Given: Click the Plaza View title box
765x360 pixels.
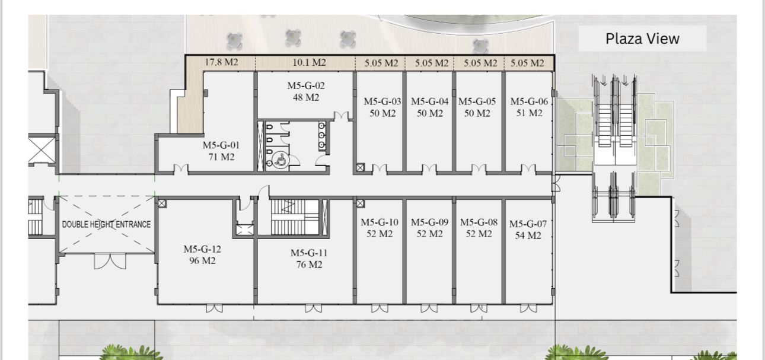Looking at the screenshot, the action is (642, 39).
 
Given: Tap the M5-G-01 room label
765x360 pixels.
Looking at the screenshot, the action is (221, 145).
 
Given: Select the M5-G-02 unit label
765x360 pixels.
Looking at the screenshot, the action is (306, 85).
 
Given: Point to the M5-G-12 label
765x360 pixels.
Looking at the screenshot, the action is (202, 249).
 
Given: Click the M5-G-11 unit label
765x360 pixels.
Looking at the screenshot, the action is (309, 253).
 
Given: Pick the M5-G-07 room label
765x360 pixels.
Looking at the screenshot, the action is (528, 224).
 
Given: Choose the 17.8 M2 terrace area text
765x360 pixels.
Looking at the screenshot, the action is (221, 62).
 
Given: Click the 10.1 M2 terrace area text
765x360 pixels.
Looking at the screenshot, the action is (310, 62).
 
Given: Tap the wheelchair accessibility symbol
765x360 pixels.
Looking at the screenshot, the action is (281, 160).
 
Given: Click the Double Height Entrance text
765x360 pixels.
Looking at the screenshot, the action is (106, 224).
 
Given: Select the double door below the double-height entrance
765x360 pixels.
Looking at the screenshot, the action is (110, 262).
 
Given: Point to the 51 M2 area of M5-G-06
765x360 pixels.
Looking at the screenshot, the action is (530, 113).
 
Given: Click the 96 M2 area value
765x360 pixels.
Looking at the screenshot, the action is (202, 260).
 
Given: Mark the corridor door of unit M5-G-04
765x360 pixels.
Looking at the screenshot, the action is (429, 169).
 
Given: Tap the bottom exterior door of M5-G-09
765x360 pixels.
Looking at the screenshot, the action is (429, 308).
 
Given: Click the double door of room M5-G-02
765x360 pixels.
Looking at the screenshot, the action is (341, 116).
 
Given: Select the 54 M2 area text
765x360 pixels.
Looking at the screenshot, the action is (528, 235).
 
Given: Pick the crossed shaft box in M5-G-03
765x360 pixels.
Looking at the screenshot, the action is (361, 168).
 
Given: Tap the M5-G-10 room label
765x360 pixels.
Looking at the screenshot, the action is (380, 222).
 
